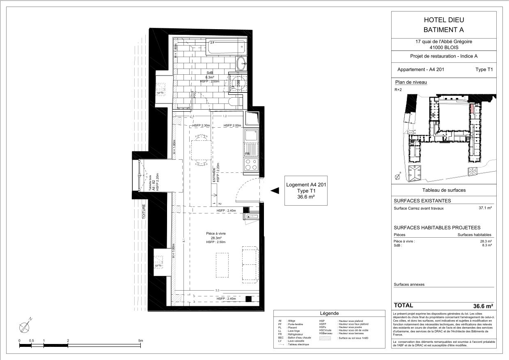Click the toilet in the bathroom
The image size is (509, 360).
coord(236,103)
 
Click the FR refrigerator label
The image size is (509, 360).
coord(247,154)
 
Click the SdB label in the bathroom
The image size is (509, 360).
coord(210,73)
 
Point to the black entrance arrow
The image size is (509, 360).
coord(274,190)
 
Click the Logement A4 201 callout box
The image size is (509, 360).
coord(305,190)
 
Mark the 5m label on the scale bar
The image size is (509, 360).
coord(140,341)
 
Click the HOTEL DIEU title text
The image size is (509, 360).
coord(443,20)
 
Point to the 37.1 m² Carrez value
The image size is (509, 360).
coord(485,208)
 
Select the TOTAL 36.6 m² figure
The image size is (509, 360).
coord(483,306)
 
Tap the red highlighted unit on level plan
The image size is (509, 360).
coord(472,109)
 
